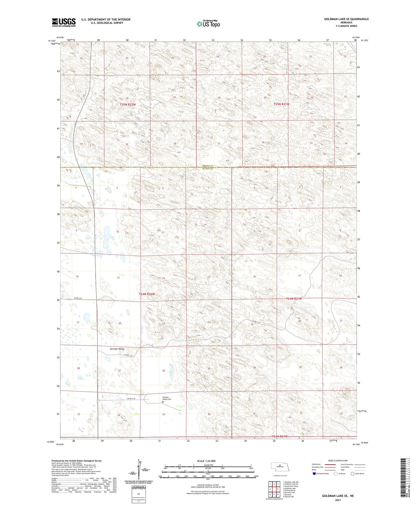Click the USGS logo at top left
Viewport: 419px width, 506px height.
[64, 22]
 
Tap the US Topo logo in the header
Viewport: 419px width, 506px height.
[208, 24]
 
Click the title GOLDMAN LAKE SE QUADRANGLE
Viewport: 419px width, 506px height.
[346, 19]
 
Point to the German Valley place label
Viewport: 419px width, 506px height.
[117, 349]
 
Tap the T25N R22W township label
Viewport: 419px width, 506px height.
[128, 105]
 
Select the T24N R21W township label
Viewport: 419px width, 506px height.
[294, 299]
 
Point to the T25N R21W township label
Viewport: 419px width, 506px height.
[281, 104]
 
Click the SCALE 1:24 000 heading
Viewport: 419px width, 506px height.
[206, 461]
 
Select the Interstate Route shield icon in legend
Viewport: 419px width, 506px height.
[314, 474]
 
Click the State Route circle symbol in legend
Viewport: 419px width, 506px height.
[353, 474]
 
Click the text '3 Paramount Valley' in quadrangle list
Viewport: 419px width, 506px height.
[291, 486]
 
